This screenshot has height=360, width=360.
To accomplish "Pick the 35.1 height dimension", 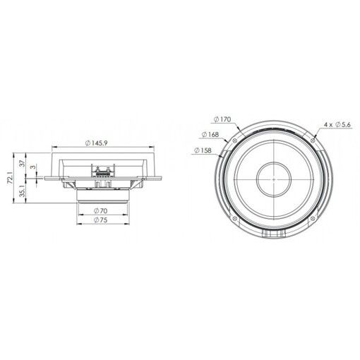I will (22, 191).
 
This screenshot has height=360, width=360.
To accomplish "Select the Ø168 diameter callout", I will (209, 134).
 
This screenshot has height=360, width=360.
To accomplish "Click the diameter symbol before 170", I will (213, 119).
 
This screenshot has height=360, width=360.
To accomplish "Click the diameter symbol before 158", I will (194, 150).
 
